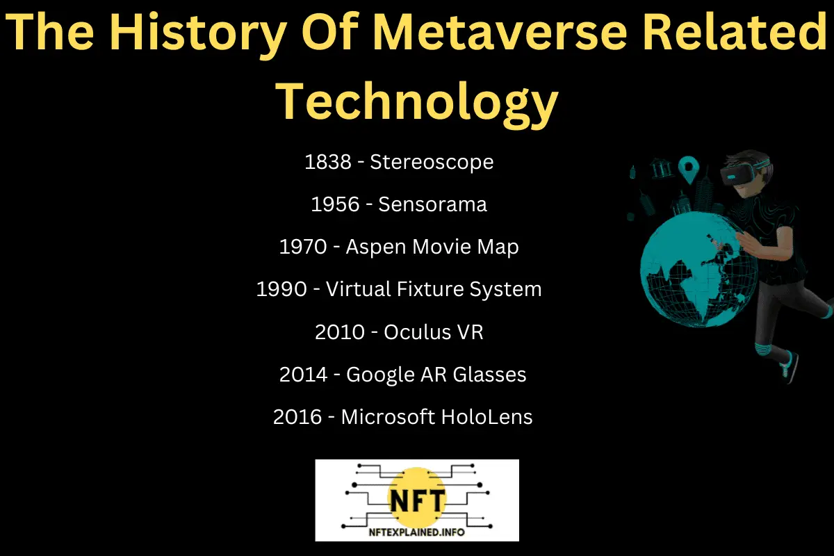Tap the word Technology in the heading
[x=417, y=101]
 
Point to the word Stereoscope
[x=432, y=162]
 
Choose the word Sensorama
[x=432, y=204]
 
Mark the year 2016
[x=297, y=417]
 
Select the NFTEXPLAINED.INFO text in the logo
[x=417, y=532]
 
